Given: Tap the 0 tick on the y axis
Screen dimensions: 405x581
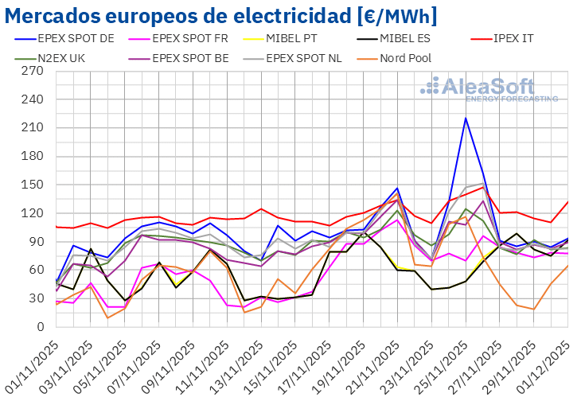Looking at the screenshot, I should click(x=39, y=327).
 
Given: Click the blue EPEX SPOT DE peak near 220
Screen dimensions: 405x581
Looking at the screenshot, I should click(x=466, y=119).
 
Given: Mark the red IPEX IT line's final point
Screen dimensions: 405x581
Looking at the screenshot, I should click(x=567, y=201).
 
